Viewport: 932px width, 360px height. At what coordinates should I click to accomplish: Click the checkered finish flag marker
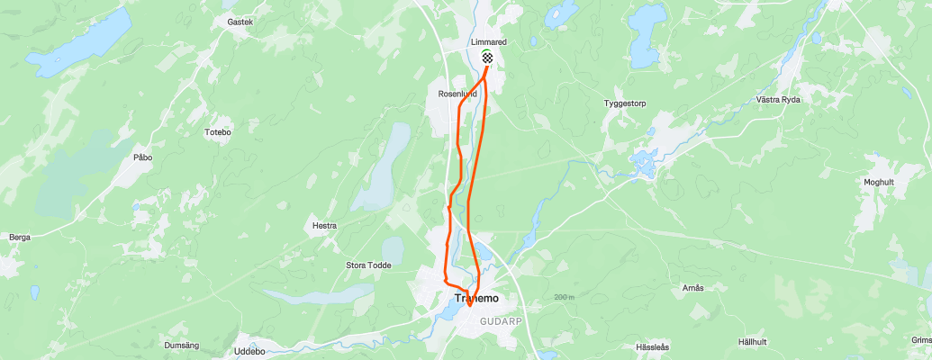(487, 58)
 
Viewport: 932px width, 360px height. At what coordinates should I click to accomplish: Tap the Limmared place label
(488, 42)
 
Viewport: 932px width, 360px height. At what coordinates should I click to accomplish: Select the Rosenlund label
(456, 93)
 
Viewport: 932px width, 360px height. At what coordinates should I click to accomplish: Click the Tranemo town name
(476, 298)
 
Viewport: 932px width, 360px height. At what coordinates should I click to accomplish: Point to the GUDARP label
(501, 317)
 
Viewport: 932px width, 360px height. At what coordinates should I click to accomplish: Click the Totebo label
(218, 132)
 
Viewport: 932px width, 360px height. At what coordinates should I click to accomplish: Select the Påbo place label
(143, 157)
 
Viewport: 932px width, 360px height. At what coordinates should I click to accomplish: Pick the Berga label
(19, 238)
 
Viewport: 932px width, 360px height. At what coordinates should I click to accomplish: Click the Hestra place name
(323, 227)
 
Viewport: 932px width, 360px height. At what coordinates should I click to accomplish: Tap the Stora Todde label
(367, 265)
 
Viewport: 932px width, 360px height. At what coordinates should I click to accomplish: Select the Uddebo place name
(249, 351)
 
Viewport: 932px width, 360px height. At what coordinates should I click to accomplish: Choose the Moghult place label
(878, 182)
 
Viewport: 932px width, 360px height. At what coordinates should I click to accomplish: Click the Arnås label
(692, 287)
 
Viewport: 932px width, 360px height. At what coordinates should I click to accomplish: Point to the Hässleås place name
(653, 346)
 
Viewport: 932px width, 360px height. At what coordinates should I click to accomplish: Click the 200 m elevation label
(565, 297)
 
